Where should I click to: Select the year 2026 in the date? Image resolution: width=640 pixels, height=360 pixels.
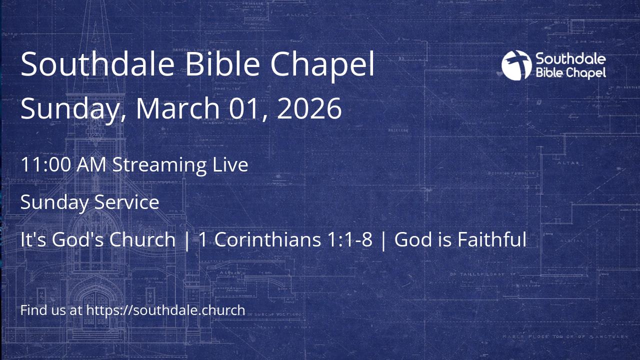309,108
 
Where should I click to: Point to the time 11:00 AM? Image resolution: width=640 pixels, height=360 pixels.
63,164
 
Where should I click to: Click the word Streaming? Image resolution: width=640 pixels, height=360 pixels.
159,165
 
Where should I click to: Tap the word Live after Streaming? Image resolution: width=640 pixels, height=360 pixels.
230,164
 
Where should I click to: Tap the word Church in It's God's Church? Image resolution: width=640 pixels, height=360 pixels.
142,239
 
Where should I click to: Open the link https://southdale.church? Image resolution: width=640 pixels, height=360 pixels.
165,310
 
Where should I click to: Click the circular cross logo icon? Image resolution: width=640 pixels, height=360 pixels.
516,65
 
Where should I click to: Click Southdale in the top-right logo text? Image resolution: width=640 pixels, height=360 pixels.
570,59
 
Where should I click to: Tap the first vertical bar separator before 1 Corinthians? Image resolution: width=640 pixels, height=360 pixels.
187,240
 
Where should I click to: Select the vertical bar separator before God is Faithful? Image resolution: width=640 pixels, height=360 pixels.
383,240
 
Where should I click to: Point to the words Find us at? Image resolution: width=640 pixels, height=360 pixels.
51,310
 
